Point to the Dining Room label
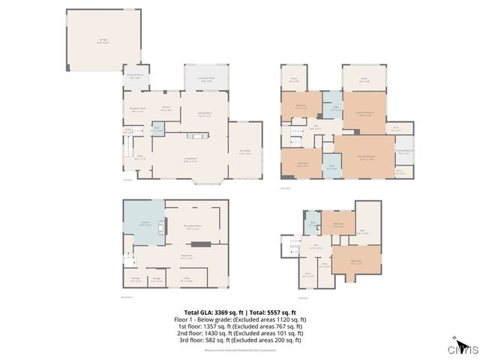pos(203,115)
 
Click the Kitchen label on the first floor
pos(167,109)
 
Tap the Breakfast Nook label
pos(137,109)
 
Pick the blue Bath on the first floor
pos(157,129)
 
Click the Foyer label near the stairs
pos(139,158)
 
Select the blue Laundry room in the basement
pos(143,224)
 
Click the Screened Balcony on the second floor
pos(403,151)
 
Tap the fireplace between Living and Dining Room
pos(196,136)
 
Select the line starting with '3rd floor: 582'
pos(240,340)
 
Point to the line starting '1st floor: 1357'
pos(240,326)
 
